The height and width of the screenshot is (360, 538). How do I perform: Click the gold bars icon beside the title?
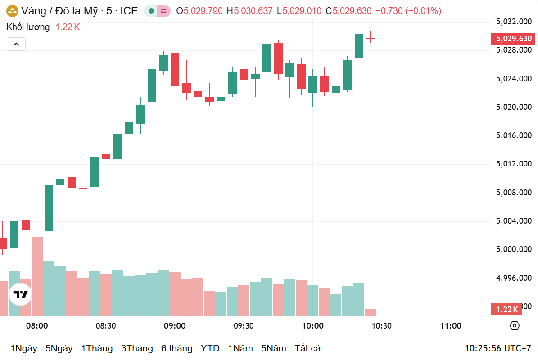pos(12,11)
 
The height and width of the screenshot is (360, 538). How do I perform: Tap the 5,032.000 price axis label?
pos(513,22)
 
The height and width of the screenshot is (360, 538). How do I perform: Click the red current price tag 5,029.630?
pos(513,39)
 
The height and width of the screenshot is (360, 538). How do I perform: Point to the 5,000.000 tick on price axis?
pos(513,249)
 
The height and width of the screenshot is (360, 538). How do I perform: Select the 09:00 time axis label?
pos(175,326)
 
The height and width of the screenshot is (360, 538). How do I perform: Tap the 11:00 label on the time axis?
pos(450,326)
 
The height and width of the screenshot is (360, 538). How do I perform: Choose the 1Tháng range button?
pos(97,348)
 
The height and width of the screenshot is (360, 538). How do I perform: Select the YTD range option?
pos(210,348)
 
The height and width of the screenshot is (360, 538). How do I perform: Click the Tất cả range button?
pos(307,348)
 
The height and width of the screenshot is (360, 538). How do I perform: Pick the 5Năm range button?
pos(273,348)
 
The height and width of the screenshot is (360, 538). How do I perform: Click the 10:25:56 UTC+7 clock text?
pos(498,348)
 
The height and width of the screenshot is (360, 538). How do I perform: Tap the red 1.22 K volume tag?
pos(507,310)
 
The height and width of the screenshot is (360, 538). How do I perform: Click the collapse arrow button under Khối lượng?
pos(16,44)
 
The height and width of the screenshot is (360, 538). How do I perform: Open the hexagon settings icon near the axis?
pos(515,326)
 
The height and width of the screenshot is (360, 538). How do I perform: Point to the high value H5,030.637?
pos(250,11)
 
